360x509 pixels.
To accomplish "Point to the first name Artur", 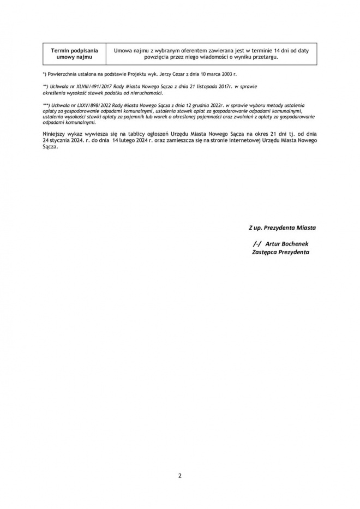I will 273,244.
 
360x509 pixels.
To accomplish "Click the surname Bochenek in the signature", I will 296,244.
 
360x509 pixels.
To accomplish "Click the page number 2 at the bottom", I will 180,475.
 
